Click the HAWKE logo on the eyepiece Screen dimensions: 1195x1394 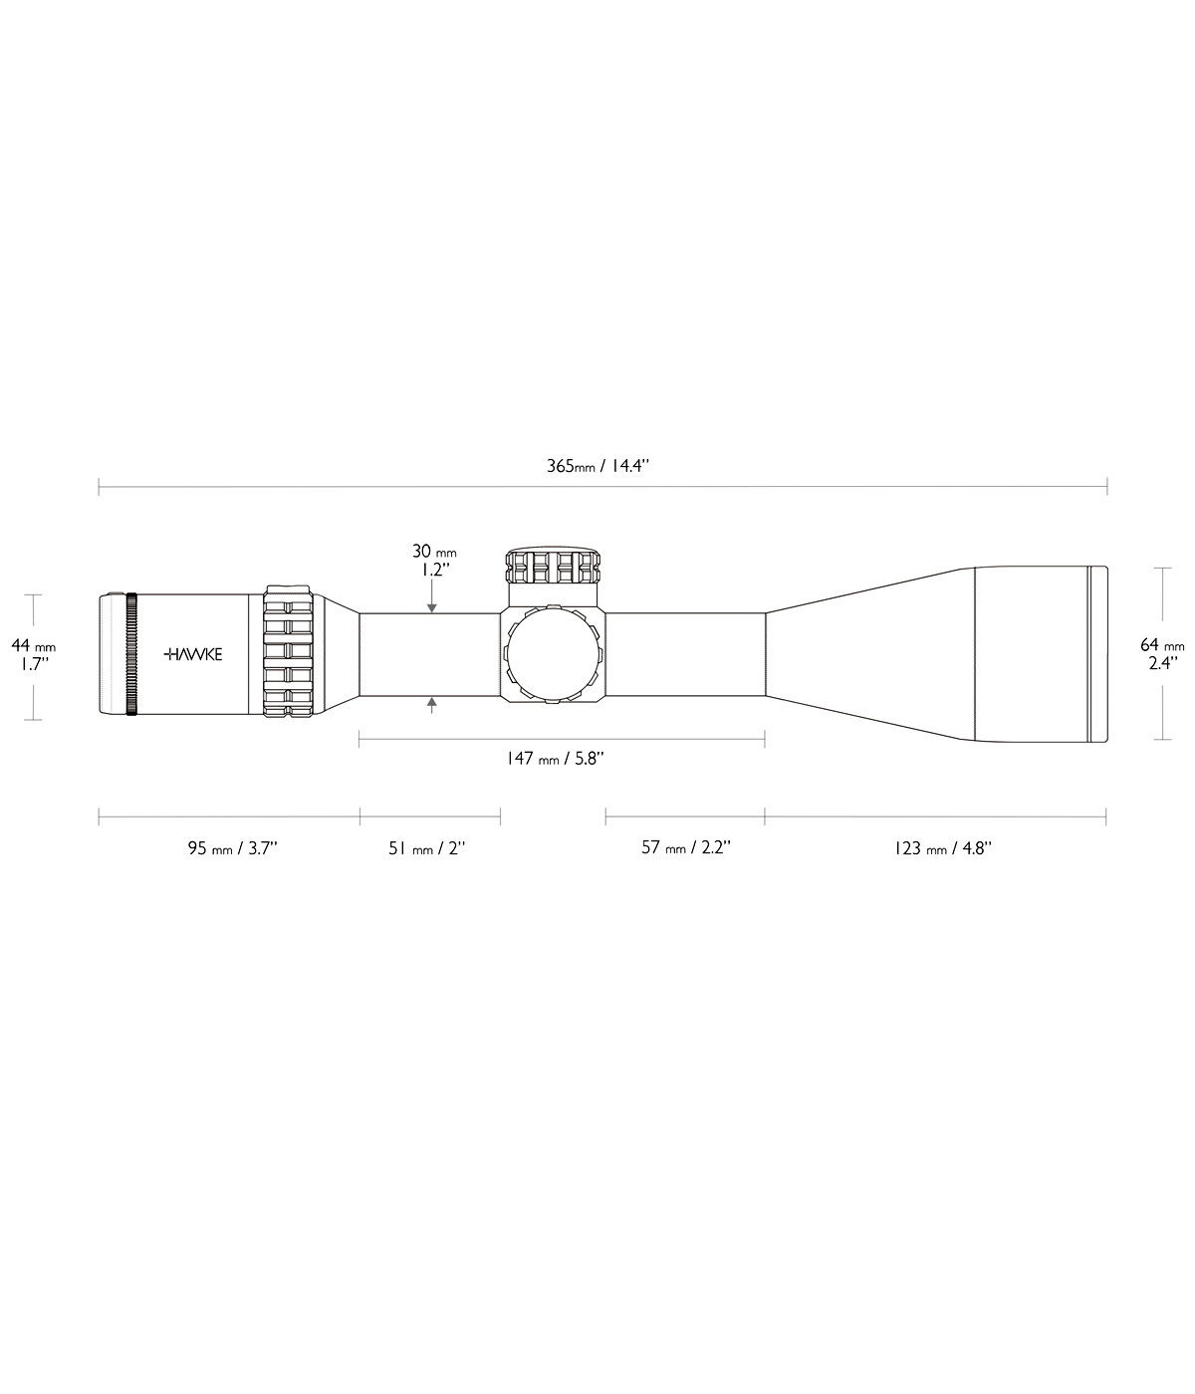[x=193, y=654]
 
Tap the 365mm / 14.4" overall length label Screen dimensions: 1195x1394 [x=597, y=466]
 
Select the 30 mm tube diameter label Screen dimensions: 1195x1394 [x=434, y=551]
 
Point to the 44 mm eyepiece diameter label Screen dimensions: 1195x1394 [x=33, y=646]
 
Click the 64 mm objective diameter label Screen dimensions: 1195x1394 [x=1162, y=645]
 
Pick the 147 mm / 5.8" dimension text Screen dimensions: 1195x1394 [x=555, y=759]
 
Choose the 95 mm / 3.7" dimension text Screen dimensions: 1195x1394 [x=233, y=848]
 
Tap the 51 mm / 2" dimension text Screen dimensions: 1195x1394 [x=427, y=848]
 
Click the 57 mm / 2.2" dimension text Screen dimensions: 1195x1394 [x=686, y=847]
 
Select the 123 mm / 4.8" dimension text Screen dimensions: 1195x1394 [x=943, y=848]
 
